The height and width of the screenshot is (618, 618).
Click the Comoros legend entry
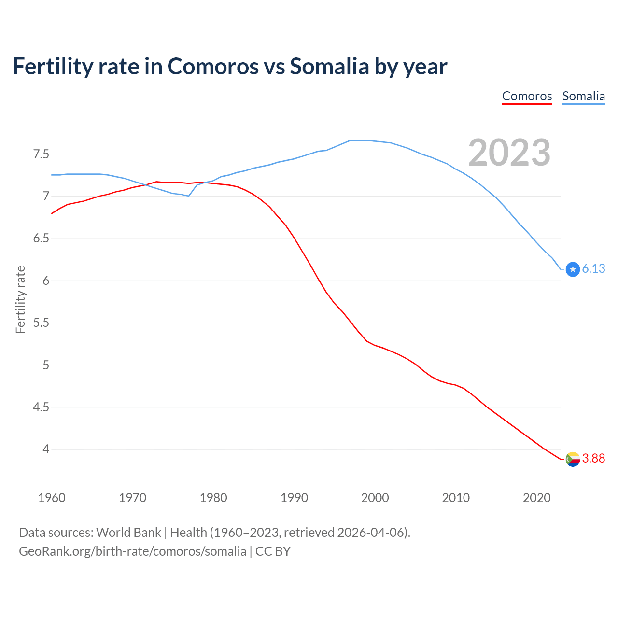point(527,96)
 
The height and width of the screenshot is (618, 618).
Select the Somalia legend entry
point(583,96)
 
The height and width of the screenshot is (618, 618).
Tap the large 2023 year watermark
point(509,153)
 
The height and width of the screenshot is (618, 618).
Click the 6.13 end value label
point(593,269)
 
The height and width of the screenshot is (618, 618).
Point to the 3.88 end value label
point(593,458)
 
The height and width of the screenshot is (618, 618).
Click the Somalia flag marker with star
point(573,269)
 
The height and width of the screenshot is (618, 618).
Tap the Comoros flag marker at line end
point(573,459)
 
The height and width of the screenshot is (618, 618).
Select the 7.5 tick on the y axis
point(41,154)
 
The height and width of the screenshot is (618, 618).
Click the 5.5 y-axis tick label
point(41,323)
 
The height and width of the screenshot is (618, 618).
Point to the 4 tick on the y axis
point(46,449)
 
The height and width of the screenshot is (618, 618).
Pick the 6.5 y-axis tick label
point(41,239)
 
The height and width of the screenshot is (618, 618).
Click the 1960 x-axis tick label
point(52,498)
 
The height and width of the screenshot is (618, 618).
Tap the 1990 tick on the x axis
point(294,498)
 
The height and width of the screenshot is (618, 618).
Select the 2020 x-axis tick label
point(536,498)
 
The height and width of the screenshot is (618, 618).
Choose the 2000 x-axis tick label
point(375,498)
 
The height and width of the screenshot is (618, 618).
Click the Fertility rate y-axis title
point(20,299)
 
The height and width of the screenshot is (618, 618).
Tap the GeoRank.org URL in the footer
point(132,551)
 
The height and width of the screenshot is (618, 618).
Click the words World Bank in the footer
point(128,533)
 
